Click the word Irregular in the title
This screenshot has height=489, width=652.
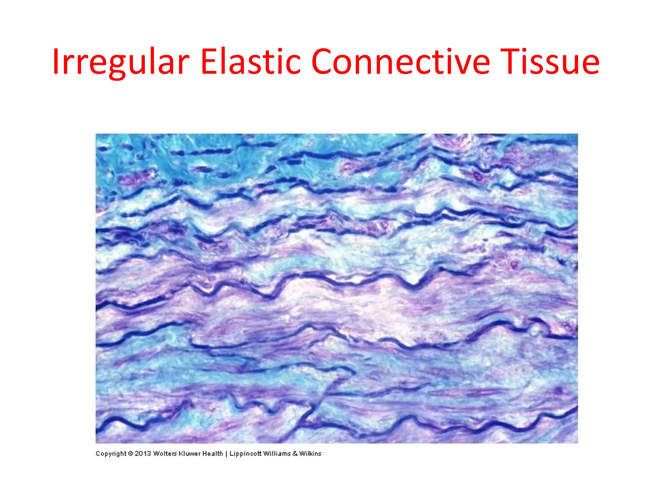pyautogui.click(x=121, y=62)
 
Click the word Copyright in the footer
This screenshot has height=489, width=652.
pyautogui.click(x=111, y=454)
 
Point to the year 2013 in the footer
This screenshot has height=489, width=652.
pyautogui.click(x=143, y=453)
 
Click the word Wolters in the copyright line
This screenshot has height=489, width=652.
pyautogui.click(x=165, y=453)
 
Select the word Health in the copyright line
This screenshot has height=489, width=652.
pyautogui.click(x=213, y=453)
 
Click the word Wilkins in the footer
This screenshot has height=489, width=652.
pyautogui.click(x=310, y=453)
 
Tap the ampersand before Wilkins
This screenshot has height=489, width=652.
pyautogui.click(x=295, y=453)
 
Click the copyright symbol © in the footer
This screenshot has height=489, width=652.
pyautogui.click(x=131, y=453)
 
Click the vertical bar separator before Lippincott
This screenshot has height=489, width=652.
pyautogui.click(x=226, y=454)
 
